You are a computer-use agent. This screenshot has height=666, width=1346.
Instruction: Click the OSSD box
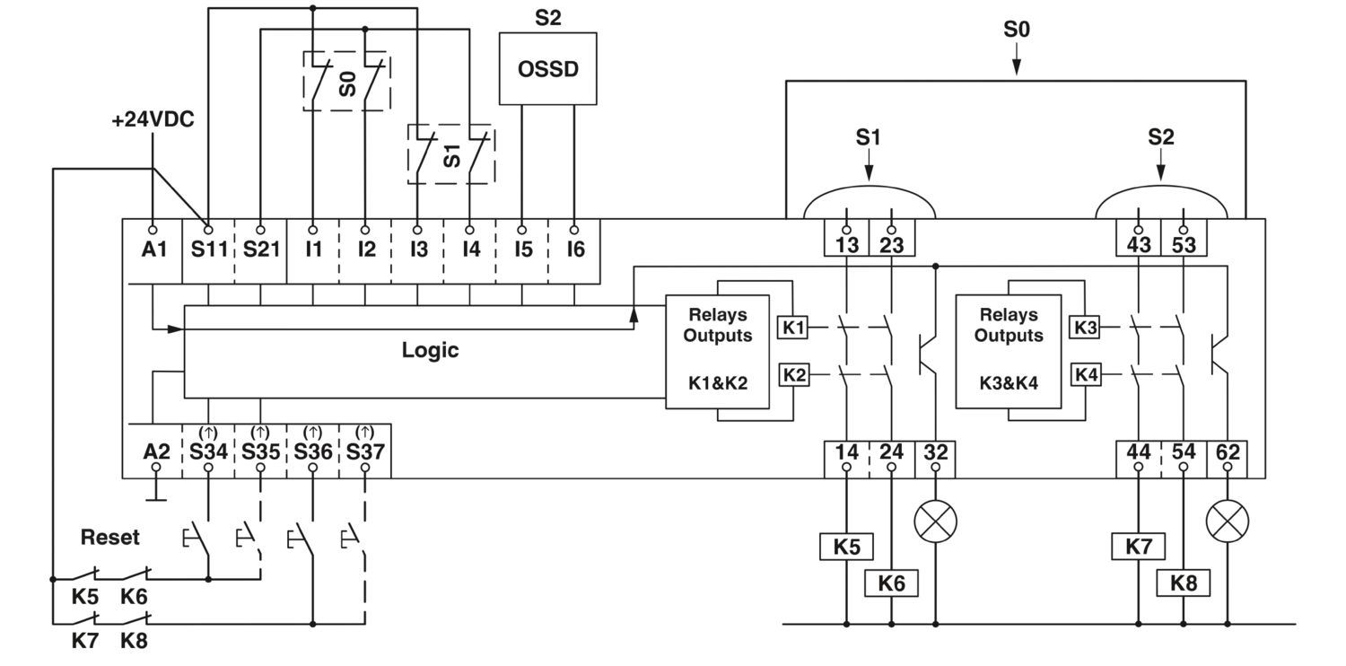tap(547, 68)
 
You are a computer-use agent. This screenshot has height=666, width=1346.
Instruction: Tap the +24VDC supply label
tap(153, 119)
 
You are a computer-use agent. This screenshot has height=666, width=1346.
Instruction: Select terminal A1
tap(153, 249)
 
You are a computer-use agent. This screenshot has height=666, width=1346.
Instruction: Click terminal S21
tap(261, 249)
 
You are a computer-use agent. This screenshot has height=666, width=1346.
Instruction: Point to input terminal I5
tap(523, 249)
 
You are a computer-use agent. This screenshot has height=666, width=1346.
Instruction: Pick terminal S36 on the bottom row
tap(312, 451)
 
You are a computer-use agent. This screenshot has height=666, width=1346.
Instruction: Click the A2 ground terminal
tap(156, 451)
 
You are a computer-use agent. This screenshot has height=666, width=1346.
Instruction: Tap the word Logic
tap(430, 350)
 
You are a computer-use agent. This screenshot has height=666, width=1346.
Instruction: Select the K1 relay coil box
tap(793, 328)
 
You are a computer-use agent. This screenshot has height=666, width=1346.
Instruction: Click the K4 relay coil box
tap(1086, 374)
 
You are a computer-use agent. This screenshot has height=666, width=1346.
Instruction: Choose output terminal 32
tap(936, 452)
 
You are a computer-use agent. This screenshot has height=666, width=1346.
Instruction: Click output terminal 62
tap(1228, 452)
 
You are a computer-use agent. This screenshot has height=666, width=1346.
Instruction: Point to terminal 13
tap(847, 245)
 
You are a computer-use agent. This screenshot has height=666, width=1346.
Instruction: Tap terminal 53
tap(1184, 245)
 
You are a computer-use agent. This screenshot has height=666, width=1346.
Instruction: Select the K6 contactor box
tap(891, 583)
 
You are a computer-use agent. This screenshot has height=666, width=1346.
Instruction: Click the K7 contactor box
tap(1139, 547)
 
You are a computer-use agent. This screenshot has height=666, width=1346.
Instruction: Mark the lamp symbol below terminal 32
tap(936, 521)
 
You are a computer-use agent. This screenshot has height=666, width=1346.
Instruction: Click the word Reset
tap(110, 537)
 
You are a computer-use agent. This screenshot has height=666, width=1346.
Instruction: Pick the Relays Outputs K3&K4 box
tap(1009, 352)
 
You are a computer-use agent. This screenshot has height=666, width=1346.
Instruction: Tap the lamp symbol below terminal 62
tap(1228, 521)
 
